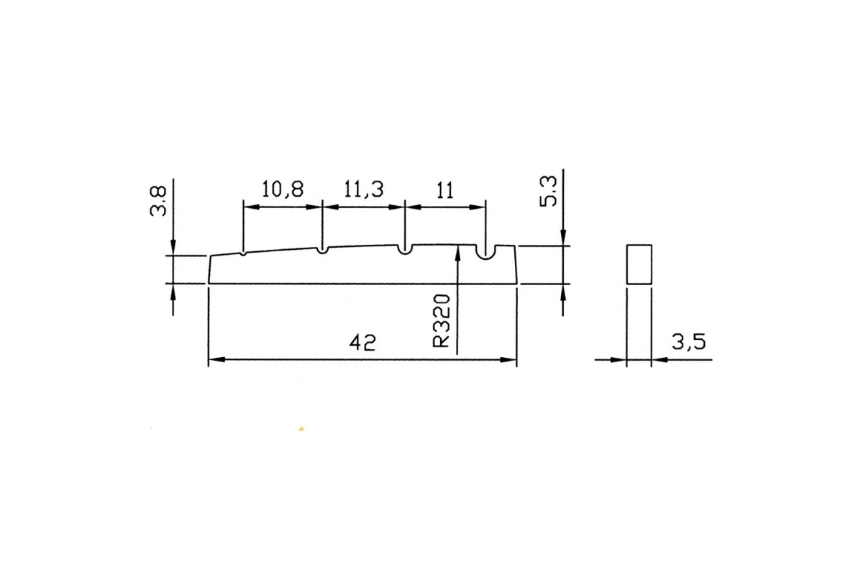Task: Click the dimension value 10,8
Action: (x=283, y=190)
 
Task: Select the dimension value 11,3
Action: (x=363, y=190)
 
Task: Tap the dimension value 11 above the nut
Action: (x=445, y=190)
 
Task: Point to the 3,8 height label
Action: (x=158, y=201)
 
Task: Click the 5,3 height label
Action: (x=548, y=191)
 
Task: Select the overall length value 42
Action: (x=362, y=342)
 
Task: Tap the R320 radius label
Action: (x=442, y=320)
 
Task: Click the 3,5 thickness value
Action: (x=689, y=342)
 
